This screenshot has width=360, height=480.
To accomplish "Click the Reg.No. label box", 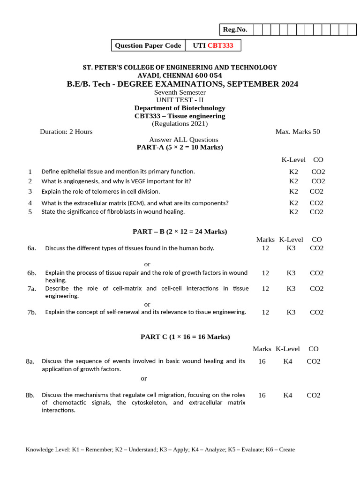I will coord(235,30).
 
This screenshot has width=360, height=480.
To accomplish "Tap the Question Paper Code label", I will coord(148,45).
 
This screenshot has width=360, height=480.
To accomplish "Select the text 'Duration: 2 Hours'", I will coord(66,131).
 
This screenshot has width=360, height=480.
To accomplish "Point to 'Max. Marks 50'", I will coord(298,131).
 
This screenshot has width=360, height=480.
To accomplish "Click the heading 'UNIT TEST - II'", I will coord(180,100).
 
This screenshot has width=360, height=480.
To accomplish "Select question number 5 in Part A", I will coord(30,211).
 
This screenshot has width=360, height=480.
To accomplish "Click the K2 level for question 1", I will coord(293,172).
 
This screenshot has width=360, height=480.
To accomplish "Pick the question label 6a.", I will coord(32,248).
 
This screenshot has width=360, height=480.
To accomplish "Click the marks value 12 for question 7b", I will coord(265,312).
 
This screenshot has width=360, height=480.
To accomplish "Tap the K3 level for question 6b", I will coord(291,273).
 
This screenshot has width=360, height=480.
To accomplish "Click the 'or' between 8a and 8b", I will coord(144,378).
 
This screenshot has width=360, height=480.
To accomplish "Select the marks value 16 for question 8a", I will coord(262,361).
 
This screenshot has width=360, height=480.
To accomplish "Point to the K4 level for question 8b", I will coord(288,395).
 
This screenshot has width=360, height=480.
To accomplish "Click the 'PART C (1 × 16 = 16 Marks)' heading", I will coord(185,337).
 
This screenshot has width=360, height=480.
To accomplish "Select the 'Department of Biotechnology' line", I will coord(180,108).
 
